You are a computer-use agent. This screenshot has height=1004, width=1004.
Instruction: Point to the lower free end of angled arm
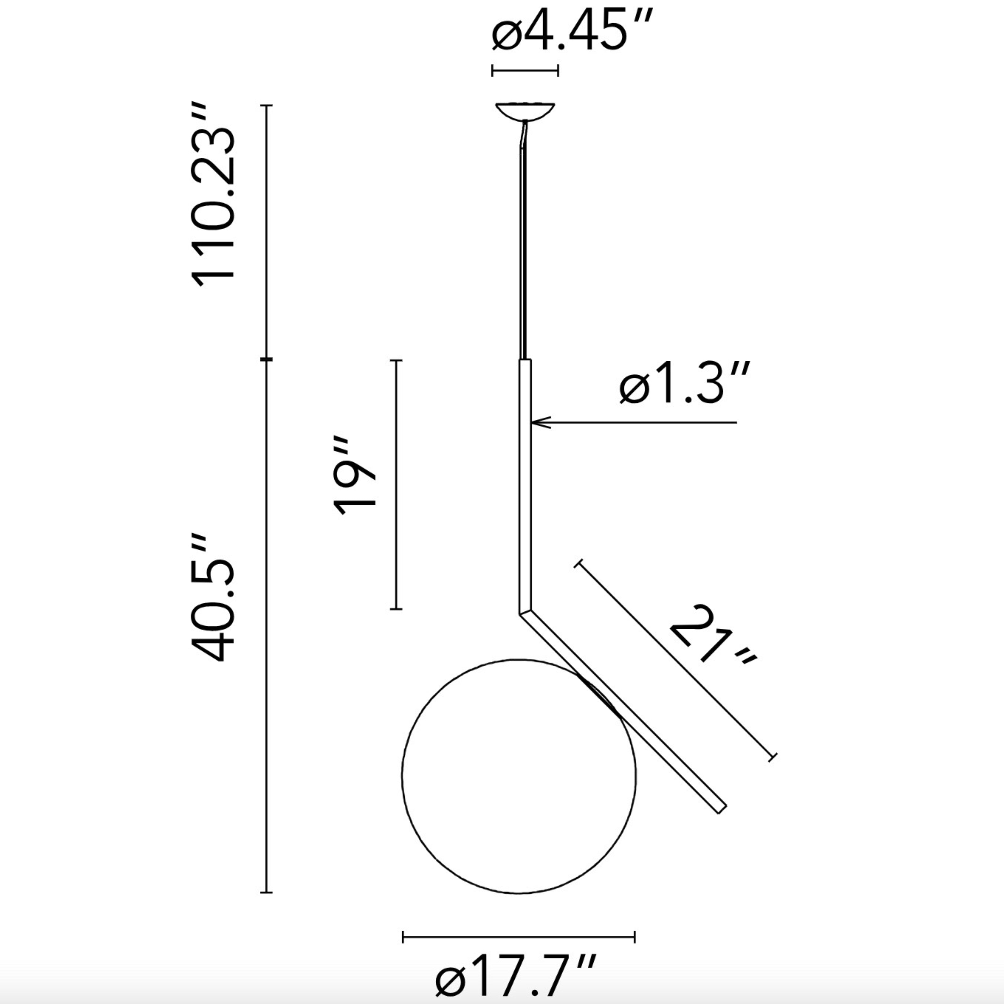click(x=722, y=809)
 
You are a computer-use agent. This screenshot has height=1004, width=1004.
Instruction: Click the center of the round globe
click(x=519, y=776)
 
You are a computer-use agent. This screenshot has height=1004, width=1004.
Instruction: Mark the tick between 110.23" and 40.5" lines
click(x=266, y=359)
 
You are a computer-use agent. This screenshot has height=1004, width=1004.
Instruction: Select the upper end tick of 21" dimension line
click(x=579, y=563)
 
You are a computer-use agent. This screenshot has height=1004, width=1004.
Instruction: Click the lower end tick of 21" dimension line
click(x=773, y=757)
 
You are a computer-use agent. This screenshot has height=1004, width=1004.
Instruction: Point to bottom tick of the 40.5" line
click(x=266, y=892)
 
